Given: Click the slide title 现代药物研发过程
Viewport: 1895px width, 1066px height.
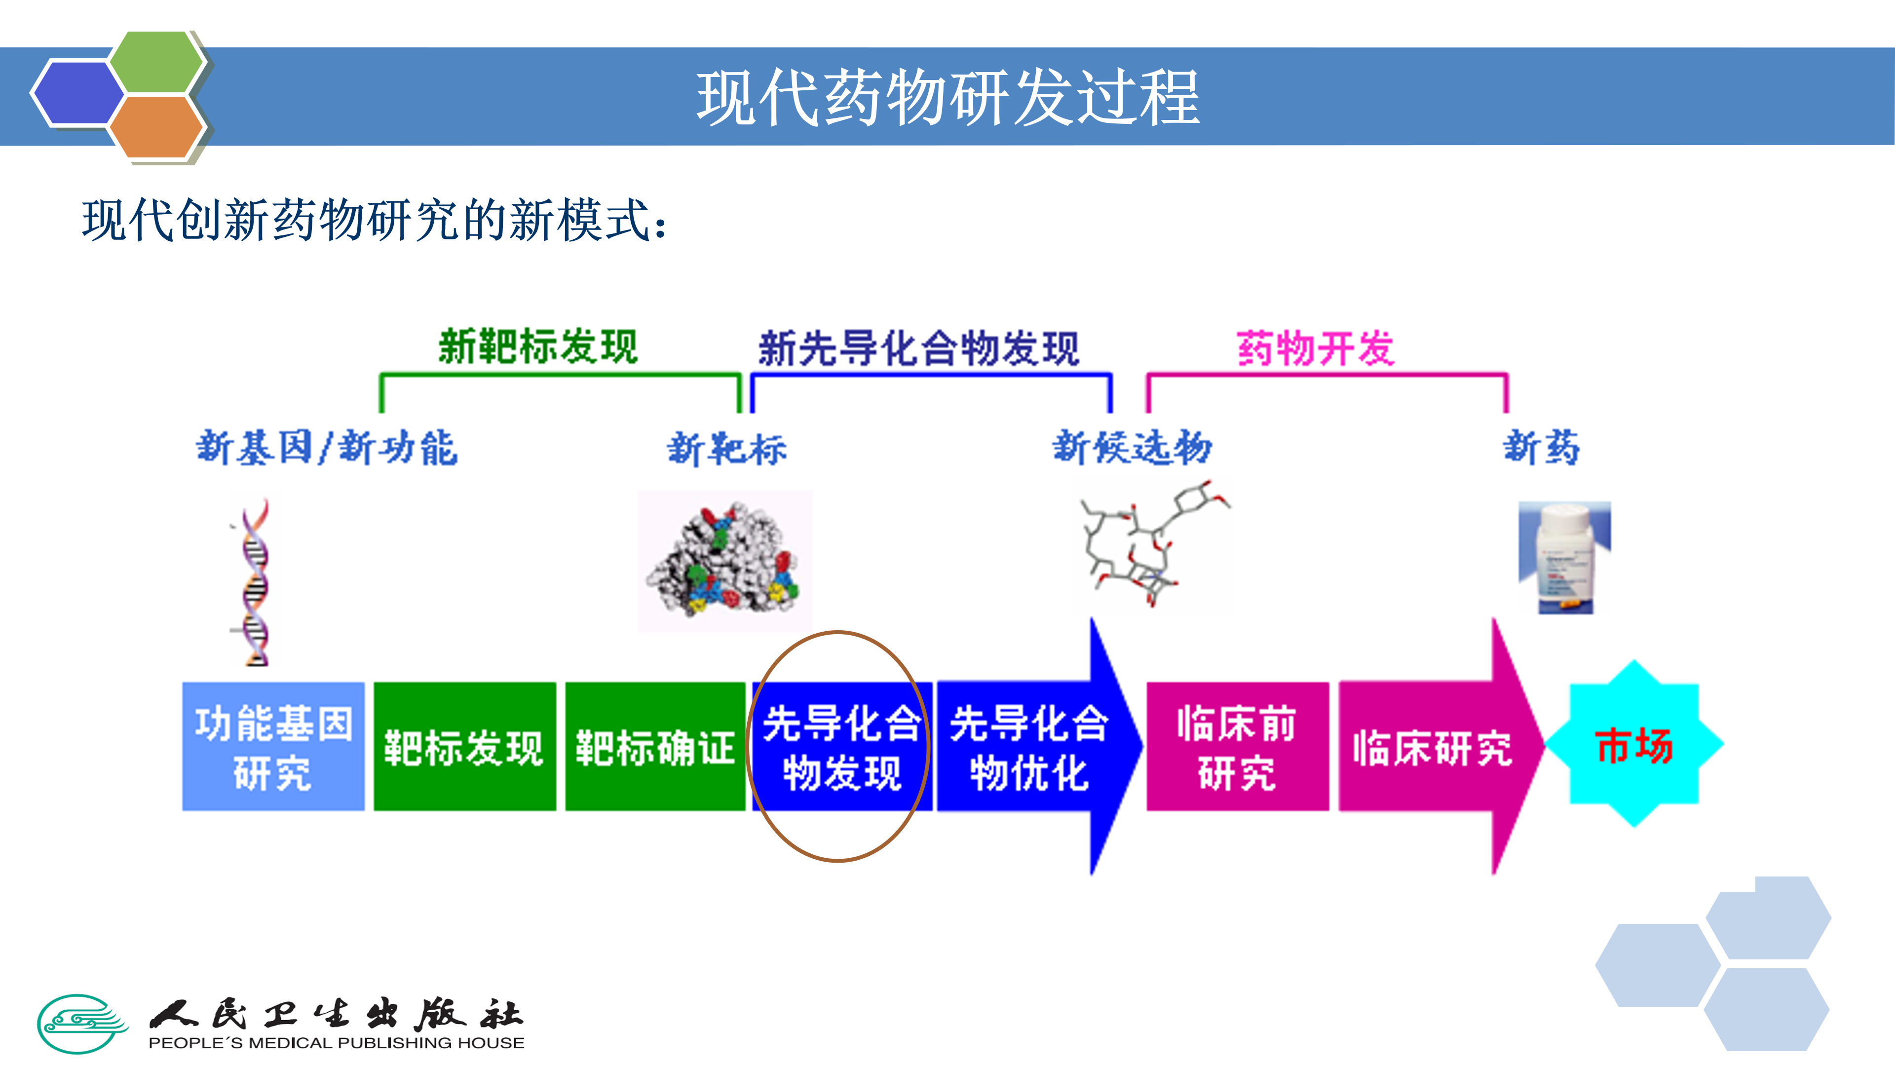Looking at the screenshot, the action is point(947,98).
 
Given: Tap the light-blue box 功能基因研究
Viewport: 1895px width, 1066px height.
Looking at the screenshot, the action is point(273,747).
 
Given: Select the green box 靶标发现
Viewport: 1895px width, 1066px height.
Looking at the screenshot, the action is point(464,747).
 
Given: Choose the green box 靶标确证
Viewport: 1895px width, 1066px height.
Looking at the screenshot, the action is point(655,747).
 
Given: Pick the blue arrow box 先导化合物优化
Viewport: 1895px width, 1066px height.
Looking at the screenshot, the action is point(1028,747).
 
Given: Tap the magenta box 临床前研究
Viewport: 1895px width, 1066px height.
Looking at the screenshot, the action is point(1237,747).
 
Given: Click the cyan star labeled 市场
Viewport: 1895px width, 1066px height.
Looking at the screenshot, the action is point(1634,745).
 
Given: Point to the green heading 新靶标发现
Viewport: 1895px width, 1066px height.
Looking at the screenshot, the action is point(538,346).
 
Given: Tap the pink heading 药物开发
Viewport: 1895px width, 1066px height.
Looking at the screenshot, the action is point(1315,348).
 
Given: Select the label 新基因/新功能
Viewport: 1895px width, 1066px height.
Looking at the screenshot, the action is point(327,448).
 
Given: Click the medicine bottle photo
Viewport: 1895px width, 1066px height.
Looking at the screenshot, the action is point(1564,558).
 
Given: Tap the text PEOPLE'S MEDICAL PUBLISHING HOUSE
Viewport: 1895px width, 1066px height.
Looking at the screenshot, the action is point(336,1042).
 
